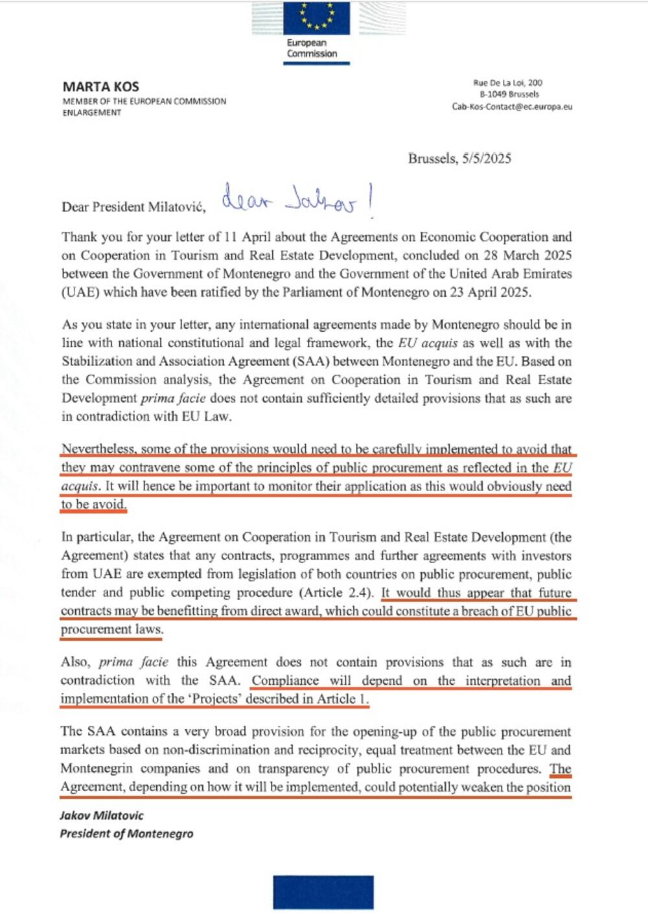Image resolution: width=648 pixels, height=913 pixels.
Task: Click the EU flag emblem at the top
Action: pos(318,17)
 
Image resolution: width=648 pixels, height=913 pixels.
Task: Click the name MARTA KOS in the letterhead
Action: pos(100,86)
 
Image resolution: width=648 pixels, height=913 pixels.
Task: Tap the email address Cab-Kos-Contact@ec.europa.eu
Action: pos(512,106)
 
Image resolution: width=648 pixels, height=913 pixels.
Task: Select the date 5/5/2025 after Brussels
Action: pos(486,158)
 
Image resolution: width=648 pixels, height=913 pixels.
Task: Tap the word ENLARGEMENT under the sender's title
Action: pos(91,113)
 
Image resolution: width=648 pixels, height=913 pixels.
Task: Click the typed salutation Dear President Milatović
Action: pos(133,207)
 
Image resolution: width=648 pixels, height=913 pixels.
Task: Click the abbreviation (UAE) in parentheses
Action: pos(80,292)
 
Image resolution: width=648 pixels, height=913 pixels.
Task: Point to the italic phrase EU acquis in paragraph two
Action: pos(428,343)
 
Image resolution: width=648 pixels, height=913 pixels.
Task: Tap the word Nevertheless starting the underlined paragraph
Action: pos(98,449)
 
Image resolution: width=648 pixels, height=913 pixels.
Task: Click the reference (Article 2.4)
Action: pos(336,592)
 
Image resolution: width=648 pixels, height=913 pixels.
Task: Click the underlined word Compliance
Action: pos(285,680)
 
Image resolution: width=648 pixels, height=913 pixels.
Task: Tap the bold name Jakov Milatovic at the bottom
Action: pos(102,815)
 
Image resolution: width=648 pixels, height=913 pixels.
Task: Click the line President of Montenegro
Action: pos(126,833)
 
